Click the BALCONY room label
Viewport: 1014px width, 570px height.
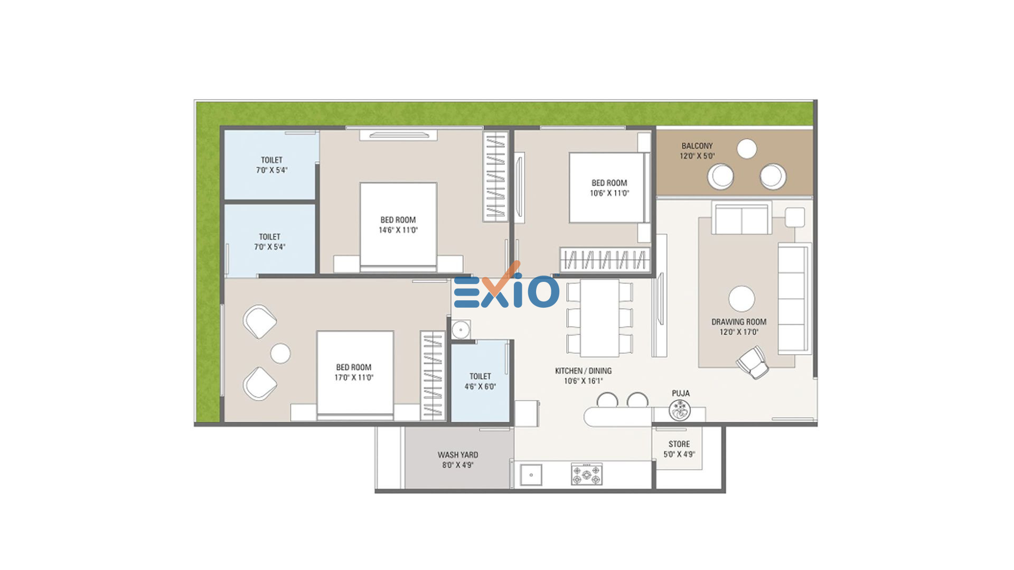697,146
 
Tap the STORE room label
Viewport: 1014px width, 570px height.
679,444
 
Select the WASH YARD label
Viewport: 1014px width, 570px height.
458,454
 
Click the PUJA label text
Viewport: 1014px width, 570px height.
681,393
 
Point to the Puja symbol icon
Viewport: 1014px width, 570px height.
680,410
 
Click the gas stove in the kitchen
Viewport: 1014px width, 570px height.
587,474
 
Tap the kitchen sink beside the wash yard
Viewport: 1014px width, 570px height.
531,474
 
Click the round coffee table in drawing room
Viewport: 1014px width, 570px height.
741,299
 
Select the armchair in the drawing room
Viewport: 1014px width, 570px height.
753,362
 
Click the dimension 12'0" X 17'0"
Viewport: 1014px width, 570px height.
739,332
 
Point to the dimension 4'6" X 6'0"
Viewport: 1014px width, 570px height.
480,386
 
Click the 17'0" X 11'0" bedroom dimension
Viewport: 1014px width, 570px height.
354,377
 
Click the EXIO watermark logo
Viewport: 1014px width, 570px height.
506,288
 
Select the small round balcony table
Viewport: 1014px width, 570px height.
747,149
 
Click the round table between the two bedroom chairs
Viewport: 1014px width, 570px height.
280,353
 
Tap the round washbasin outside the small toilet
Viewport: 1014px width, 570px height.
461,330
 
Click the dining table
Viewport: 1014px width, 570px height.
599,318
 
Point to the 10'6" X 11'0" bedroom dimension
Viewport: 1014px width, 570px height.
609,193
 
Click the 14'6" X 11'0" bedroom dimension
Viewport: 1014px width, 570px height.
398,230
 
